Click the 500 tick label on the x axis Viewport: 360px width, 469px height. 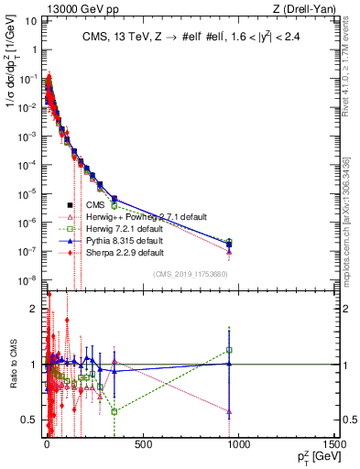click(x=142, y=445)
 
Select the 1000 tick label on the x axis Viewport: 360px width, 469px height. click(x=237, y=445)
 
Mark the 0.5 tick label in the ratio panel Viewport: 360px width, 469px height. click(x=31, y=420)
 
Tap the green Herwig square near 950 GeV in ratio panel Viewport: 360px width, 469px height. click(x=229, y=349)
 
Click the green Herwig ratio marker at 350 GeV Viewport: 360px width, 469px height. click(x=115, y=411)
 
